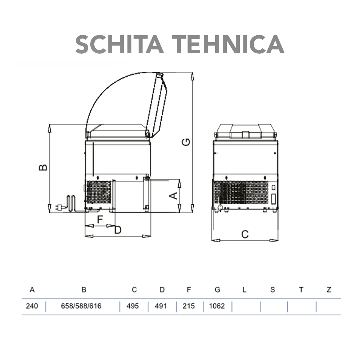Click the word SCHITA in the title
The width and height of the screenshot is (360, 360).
tap(120, 44)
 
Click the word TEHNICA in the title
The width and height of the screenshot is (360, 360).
tap(228, 44)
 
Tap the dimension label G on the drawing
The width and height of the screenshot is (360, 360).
tap(186, 142)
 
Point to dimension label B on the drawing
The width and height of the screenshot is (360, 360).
tap(43, 167)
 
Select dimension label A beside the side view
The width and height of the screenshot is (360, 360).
tap(174, 195)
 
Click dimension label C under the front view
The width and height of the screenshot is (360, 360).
tap(245, 234)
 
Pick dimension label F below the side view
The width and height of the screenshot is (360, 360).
tap(100, 220)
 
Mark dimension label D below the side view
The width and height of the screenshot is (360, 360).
tap(118, 230)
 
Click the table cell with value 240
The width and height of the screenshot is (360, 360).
tap(32, 306)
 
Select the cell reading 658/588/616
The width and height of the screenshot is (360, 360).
tap(81, 306)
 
